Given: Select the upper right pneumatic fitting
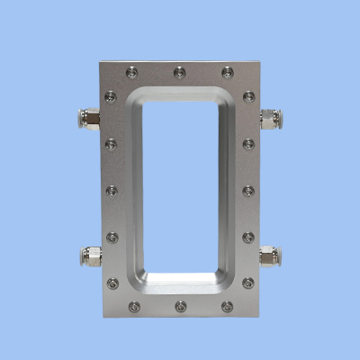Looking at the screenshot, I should click(x=270, y=116).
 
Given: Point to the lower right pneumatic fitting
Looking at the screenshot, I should click(x=270, y=256).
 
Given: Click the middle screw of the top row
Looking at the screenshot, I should click(x=179, y=71).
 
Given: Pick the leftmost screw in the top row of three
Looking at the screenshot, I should click(x=133, y=72).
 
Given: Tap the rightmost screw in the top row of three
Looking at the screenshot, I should click(x=226, y=72).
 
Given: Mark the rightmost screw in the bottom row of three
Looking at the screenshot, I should click(x=226, y=306).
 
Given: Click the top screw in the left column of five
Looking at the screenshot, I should click(x=111, y=96).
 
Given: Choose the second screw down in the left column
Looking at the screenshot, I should click(x=111, y=143).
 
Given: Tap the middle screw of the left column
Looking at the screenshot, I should click(x=111, y=190).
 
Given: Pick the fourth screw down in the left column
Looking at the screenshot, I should click(x=112, y=237).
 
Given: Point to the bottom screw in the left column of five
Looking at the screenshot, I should click(x=112, y=283).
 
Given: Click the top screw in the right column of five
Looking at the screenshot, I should click(x=248, y=96).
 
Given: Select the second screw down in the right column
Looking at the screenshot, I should click(x=248, y=143).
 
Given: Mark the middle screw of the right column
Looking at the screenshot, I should click(x=248, y=190).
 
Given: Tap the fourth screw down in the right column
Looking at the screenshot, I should click(x=248, y=237).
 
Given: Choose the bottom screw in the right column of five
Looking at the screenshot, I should click(x=247, y=283).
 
